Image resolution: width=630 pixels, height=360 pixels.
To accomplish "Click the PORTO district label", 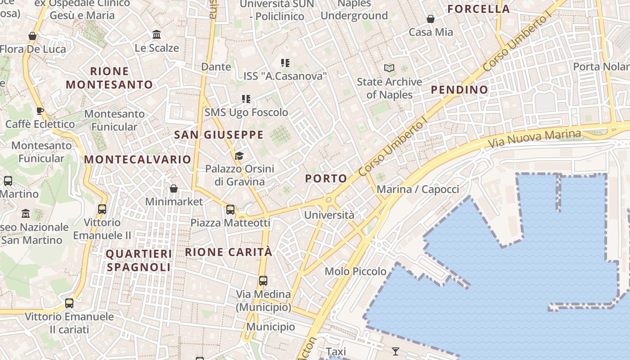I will coord(326,179).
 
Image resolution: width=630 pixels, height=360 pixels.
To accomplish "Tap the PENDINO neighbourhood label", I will coord(459,90).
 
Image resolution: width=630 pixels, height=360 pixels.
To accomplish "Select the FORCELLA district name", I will coord(479,9).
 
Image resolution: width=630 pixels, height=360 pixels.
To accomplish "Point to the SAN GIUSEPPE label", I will coord(219,135).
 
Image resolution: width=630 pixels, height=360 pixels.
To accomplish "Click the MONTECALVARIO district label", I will coord(138,159).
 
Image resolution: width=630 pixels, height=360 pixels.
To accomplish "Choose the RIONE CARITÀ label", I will coord(229,252).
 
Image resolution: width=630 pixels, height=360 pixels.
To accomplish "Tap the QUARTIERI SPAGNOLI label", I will coord(139,260).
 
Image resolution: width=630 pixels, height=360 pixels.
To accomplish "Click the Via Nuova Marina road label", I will coord(535,139).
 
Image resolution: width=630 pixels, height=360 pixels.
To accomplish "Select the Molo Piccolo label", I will coord(355,271).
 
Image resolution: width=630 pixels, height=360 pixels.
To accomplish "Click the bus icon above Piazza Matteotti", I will coord(230,209).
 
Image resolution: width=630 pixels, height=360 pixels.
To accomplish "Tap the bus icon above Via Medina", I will coord(263,281).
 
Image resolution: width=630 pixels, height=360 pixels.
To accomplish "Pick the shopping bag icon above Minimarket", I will coord(174,189).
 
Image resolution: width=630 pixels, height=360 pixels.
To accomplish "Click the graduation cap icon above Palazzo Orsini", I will coord(239,156).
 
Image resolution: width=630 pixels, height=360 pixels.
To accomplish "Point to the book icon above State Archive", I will coord(389,68).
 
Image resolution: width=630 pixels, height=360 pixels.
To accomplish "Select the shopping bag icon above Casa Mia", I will coord(431,19).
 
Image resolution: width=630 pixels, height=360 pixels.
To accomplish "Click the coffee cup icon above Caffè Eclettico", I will coord(40,111).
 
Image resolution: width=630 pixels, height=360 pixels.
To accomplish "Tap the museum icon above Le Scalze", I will coord(157,35).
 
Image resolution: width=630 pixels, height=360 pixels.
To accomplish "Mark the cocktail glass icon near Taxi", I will coord(396,351).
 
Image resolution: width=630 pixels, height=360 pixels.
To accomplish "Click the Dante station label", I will coord(216,67).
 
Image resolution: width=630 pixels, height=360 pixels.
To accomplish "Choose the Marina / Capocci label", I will coord(418,189).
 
